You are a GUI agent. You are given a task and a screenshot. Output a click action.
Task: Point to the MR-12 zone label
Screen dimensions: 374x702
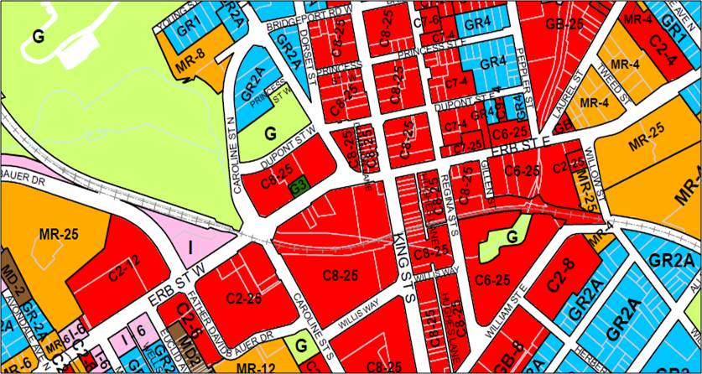click(252, 367)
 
